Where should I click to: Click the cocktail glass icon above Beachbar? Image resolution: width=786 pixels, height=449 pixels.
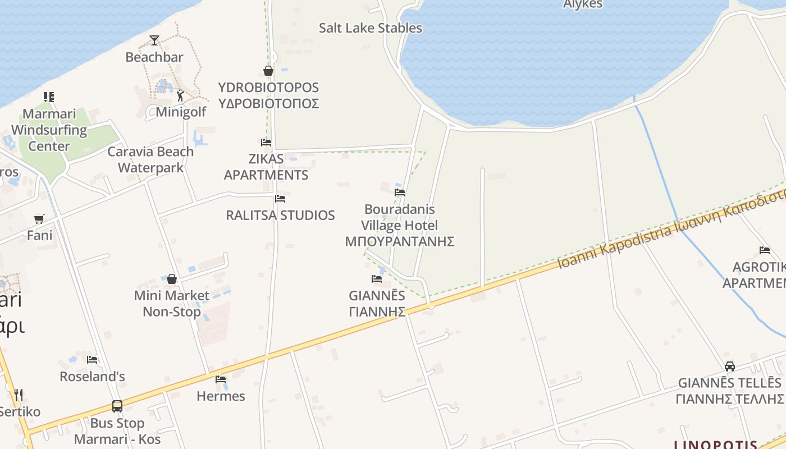pyautogui.click(x=154, y=40)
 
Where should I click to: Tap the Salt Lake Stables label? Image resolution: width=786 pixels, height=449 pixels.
pyautogui.click(x=370, y=28)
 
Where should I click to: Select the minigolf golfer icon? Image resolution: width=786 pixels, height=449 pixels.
pyautogui.click(x=180, y=96)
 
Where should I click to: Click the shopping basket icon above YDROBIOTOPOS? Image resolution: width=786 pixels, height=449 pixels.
pyautogui.click(x=268, y=71)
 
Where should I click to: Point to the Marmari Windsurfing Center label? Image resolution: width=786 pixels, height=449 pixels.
pyautogui.click(x=49, y=130)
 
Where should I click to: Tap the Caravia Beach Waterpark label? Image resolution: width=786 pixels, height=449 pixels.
pyautogui.click(x=150, y=159)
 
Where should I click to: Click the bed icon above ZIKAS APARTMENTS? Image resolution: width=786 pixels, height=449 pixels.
pyautogui.click(x=266, y=142)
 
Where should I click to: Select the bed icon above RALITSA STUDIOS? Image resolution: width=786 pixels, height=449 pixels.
pyautogui.click(x=280, y=199)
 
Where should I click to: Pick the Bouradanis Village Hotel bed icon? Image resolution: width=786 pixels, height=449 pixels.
pyautogui.click(x=400, y=192)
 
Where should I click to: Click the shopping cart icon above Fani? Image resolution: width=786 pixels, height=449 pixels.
pyautogui.click(x=39, y=219)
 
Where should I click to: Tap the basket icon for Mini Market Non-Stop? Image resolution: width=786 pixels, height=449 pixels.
pyautogui.click(x=172, y=279)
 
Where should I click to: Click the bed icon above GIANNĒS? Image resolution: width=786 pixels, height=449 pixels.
pyautogui.click(x=377, y=278)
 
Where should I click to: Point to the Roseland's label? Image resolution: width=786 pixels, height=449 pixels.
pyautogui.click(x=92, y=376)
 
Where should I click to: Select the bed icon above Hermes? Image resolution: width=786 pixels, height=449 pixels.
pyautogui.click(x=221, y=379)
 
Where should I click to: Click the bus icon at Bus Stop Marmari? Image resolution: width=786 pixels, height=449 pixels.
pyautogui.click(x=117, y=406)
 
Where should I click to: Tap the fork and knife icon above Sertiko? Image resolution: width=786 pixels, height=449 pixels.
pyautogui.click(x=19, y=395)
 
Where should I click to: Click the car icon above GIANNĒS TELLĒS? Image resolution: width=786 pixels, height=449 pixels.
pyautogui.click(x=730, y=366)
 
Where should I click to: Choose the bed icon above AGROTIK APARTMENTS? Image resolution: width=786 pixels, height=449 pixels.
pyautogui.click(x=765, y=250)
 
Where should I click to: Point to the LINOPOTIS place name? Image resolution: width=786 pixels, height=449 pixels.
pyautogui.click(x=715, y=445)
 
